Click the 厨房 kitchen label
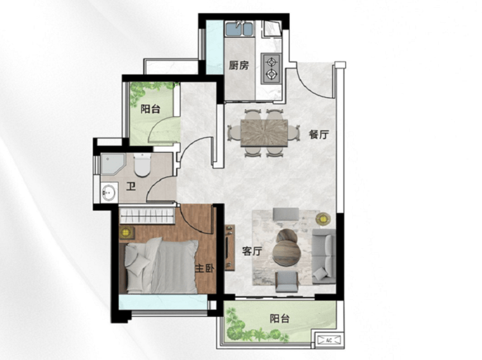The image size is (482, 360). click(x=239, y=65)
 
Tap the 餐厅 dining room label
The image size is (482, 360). click(x=319, y=134)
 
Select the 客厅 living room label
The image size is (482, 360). click(x=252, y=251)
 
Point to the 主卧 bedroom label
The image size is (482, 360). click(x=204, y=268)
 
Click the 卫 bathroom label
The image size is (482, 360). click(x=131, y=186)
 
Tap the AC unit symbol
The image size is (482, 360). click(x=329, y=340)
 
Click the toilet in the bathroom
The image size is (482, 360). click(x=142, y=165)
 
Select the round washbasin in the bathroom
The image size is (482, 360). click(x=108, y=192)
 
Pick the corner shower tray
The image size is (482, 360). click(x=112, y=164)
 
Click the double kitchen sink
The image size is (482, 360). click(x=239, y=29)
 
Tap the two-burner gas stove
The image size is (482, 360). click(x=271, y=68)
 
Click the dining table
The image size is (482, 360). click(x=264, y=133)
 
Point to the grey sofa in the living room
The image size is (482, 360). click(x=324, y=256)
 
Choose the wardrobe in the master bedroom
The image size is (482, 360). click(x=147, y=215)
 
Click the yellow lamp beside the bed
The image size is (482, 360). click(x=126, y=233)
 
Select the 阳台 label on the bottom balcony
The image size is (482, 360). click(x=280, y=318)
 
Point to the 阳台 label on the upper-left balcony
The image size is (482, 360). click(x=150, y=109)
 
